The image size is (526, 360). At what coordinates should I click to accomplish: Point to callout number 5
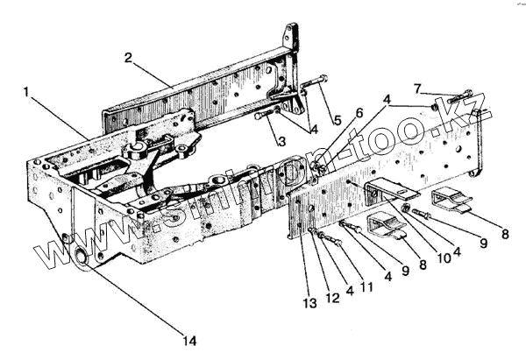click(336, 119)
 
